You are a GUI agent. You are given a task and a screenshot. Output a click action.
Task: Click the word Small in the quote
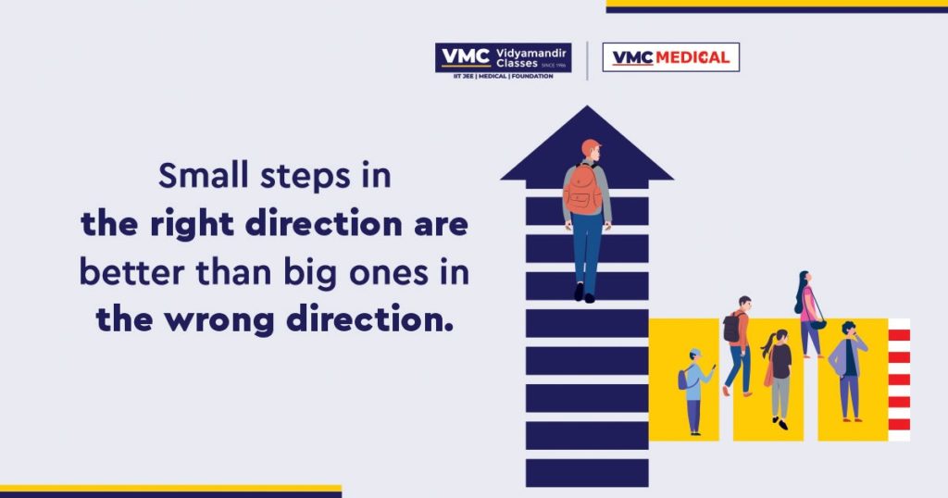(203, 176)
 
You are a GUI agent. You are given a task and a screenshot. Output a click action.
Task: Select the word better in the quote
(131, 272)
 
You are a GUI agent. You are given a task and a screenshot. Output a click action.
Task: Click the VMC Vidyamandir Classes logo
(503, 61)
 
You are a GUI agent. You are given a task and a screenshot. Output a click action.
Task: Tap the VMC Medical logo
(671, 57)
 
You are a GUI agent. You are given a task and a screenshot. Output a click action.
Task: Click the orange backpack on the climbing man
(583, 189)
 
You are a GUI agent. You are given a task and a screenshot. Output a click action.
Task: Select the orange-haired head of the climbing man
(591, 150)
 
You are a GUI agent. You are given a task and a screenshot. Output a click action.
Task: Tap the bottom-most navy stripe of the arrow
(587, 473)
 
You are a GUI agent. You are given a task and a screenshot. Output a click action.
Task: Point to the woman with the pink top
(808, 315)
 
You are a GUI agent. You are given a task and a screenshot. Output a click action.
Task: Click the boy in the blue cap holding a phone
(695, 391)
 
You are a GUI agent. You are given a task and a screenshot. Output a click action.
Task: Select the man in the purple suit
(848, 371)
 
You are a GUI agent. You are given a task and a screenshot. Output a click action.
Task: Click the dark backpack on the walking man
(731, 327)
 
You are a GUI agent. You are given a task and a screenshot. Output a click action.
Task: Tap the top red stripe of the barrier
(899, 335)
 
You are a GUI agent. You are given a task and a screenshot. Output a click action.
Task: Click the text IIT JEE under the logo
(465, 76)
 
